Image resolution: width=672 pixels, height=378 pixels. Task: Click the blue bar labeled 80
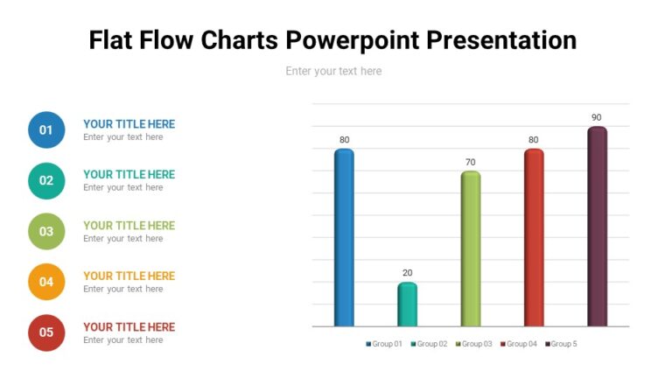point(344,237)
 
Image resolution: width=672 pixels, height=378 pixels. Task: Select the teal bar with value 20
point(407,304)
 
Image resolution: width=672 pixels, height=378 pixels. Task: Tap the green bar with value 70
point(471,248)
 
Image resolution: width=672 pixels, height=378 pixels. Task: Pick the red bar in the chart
point(534,237)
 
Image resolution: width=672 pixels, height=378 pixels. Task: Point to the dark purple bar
point(597,227)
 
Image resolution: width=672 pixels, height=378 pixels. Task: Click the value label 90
point(597,117)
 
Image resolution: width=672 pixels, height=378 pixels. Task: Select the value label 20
point(407,272)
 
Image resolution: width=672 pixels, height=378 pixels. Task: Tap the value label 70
point(471,162)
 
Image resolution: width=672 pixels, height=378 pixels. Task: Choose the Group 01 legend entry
point(384,344)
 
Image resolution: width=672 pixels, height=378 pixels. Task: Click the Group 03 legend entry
point(474,344)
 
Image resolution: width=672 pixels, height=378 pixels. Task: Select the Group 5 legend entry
point(561,344)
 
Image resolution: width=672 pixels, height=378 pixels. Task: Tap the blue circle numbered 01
point(46,130)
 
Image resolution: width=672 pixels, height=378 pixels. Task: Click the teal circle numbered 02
point(46,181)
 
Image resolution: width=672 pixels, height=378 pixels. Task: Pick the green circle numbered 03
point(46,232)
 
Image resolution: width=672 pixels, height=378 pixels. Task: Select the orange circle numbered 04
point(46,282)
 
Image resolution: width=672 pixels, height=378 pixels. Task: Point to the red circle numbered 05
point(46,332)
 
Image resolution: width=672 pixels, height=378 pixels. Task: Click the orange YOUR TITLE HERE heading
point(129,276)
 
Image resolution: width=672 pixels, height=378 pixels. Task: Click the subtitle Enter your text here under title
point(333,71)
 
